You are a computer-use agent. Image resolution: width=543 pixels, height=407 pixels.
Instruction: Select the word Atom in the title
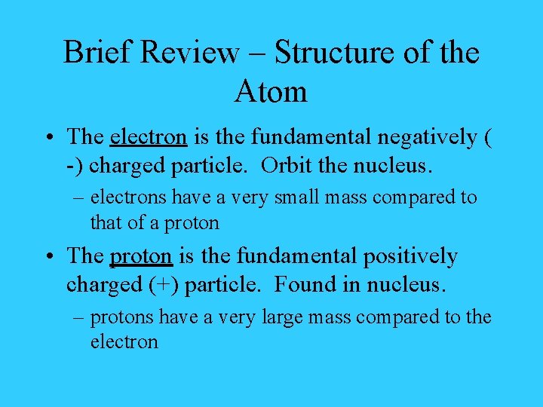click(271, 92)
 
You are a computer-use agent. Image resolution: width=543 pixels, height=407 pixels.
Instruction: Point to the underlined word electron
click(149, 137)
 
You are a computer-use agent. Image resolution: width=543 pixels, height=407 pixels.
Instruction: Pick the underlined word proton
click(142, 256)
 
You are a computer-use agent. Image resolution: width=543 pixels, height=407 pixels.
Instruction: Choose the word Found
click(305, 285)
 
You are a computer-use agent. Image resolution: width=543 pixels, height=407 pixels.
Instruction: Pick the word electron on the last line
click(124, 342)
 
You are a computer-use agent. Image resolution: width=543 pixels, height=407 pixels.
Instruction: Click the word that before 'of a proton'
click(103, 222)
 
